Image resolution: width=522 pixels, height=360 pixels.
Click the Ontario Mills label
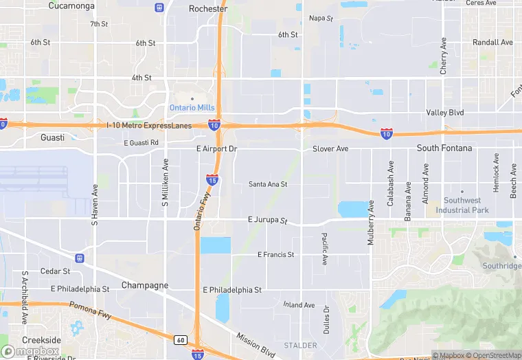click(192, 108)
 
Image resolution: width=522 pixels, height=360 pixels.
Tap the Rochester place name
click(207, 9)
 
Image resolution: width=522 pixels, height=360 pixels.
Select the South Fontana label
click(444, 148)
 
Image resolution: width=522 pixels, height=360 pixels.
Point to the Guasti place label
click(52, 137)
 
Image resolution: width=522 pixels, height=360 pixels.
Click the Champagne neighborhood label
click(145, 285)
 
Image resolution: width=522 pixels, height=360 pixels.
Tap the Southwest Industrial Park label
click(462, 205)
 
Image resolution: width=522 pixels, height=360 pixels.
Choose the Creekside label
click(41, 340)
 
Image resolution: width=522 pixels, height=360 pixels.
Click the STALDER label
click(301, 346)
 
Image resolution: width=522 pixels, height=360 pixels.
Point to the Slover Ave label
click(330, 148)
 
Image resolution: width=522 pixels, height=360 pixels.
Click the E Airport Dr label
click(216, 148)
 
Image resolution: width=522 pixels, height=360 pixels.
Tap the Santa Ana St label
click(268, 184)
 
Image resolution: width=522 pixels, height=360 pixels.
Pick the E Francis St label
click(275, 255)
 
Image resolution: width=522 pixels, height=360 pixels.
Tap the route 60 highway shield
click(180, 339)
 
